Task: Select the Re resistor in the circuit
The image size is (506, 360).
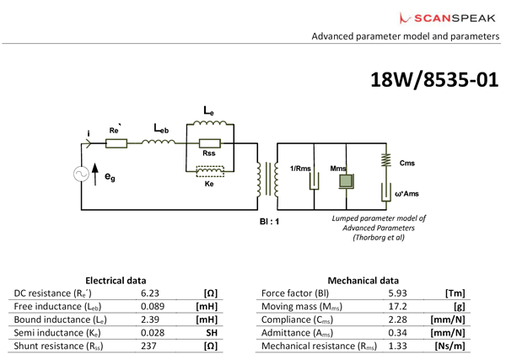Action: [116, 143]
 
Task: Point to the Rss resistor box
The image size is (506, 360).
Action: [208, 143]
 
